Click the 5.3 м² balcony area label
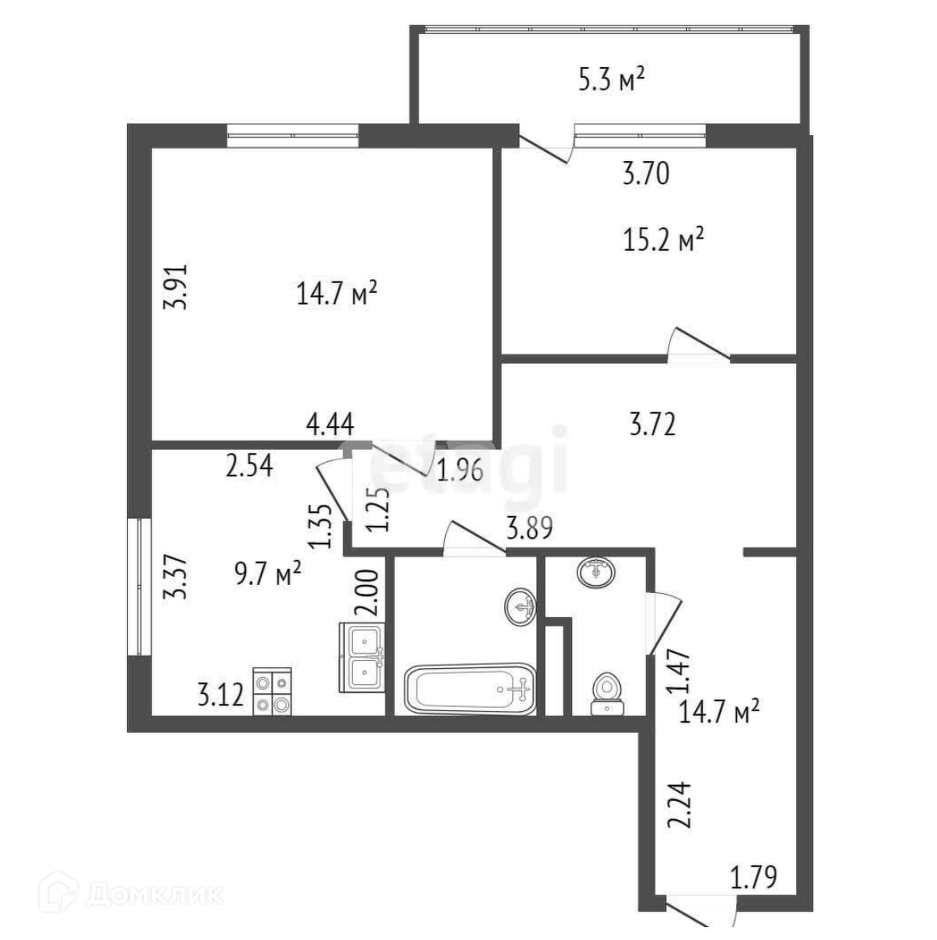coord(611,79)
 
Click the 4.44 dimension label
coord(329,423)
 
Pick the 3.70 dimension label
coord(646,173)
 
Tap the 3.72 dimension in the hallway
coord(652,423)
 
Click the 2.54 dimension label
coord(250,467)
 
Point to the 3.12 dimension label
coord(220,695)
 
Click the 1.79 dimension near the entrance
coord(753,877)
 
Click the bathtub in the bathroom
coord(469,689)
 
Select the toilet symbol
coord(607,694)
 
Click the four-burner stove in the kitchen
coord(272,692)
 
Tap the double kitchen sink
coord(362,656)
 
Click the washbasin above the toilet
coord(596,572)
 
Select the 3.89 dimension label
coord(529,529)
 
